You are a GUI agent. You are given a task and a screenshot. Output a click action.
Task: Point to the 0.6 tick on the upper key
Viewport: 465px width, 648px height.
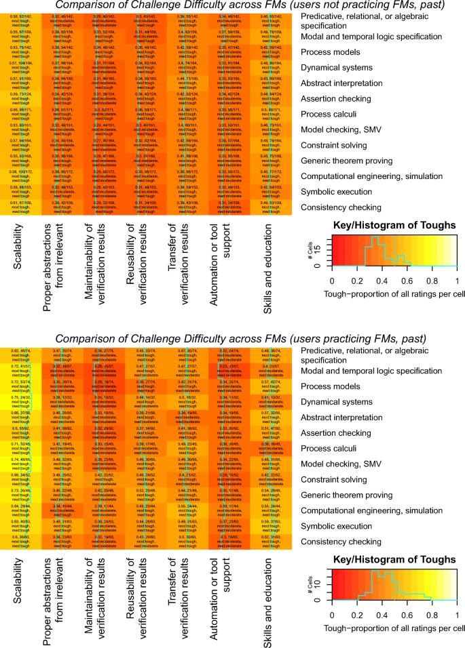pyautogui.click(x=407, y=281)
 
